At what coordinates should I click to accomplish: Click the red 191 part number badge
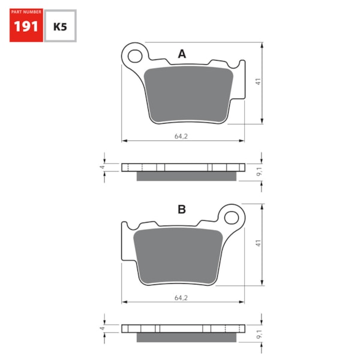26,26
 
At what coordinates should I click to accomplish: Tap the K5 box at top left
60,26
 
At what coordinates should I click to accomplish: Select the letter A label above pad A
182,55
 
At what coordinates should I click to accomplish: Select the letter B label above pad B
181,209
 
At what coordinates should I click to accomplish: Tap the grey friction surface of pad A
189,95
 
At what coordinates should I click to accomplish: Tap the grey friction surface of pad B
177,255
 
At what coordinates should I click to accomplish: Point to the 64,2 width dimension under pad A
181,136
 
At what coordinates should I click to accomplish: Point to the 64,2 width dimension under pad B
181,297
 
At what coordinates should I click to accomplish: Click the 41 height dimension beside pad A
258,83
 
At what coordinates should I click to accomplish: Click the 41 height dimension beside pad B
258,244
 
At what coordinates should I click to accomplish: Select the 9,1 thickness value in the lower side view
258,333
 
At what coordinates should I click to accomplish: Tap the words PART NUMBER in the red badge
26,13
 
